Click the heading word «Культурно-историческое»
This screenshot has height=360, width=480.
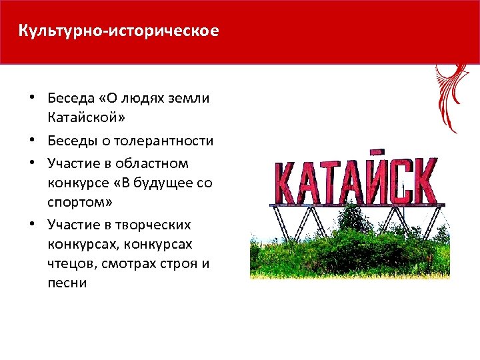click(118, 31)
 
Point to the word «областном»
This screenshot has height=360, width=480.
click(155, 163)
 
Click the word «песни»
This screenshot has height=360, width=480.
click(67, 282)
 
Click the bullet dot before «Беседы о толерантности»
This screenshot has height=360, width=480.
click(33, 141)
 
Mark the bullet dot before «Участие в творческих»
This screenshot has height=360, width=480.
click(33, 225)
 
